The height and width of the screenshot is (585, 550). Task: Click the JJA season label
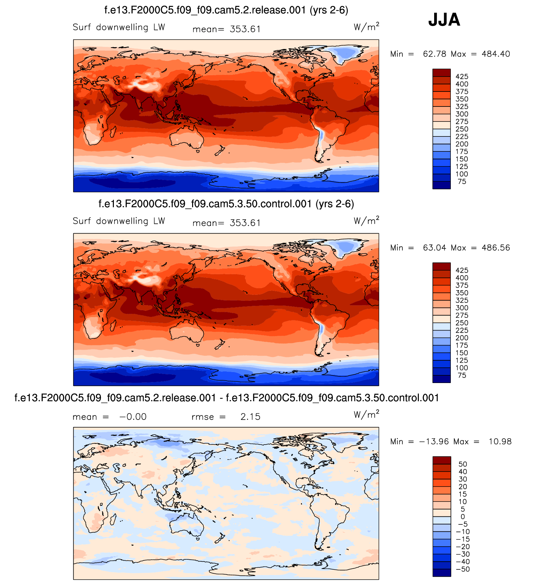pos(444,20)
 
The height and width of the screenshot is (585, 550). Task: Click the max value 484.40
pos(496,54)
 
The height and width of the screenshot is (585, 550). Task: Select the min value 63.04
pos(434,248)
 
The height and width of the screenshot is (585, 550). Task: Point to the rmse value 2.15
pos(250,417)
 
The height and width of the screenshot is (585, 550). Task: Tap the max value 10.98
pos(500,442)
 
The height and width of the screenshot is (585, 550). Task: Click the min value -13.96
pos(433,442)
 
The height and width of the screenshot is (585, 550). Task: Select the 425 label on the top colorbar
pos(462,77)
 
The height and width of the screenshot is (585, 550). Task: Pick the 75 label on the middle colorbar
pos(462,375)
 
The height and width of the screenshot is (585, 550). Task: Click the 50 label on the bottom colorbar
pos(463,464)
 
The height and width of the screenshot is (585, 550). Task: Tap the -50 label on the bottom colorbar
pos(463,569)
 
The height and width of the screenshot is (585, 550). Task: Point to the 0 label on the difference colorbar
pos(463,516)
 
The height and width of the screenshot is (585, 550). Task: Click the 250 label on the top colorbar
pos(462,129)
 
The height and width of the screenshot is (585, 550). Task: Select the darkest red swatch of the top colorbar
pos(441,73)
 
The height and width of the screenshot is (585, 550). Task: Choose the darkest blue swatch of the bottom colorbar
pos(441,573)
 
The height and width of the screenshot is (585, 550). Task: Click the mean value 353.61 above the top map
pos(245,29)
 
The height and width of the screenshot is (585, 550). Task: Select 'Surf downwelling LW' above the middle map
pos(119,221)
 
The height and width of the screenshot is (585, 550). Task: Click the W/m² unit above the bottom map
pos(366,415)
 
